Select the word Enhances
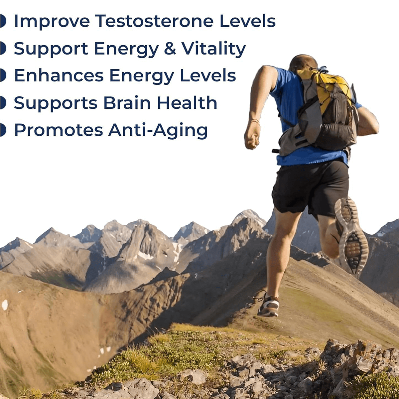point(59,75)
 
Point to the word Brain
point(127,102)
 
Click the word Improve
point(52,22)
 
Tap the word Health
point(187,102)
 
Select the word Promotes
point(59,130)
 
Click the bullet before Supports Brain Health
point(3,103)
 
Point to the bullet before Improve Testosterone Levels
point(3,21)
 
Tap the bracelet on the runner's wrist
point(255,121)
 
